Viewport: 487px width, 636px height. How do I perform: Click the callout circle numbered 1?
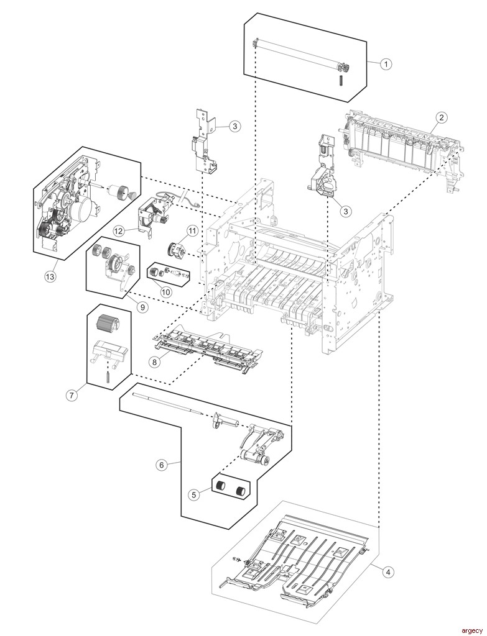pyautogui.click(x=386, y=64)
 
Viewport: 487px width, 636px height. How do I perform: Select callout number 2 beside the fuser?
pyautogui.click(x=440, y=117)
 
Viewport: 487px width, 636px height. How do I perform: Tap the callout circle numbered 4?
pyautogui.click(x=387, y=573)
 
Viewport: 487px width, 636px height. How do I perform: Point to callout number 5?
pyautogui.click(x=194, y=495)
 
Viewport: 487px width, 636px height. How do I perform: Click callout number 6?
pyautogui.click(x=162, y=465)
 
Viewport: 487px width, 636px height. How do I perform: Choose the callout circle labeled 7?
pyautogui.click(x=72, y=394)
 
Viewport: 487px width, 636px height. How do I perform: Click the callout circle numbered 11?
pyautogui.click(x=192, y=231)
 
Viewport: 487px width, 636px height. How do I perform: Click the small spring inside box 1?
pyautogui.click(x=341, y=81)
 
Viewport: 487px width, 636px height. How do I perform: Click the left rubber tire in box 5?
pyautogui.click(x=220, y=486)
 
